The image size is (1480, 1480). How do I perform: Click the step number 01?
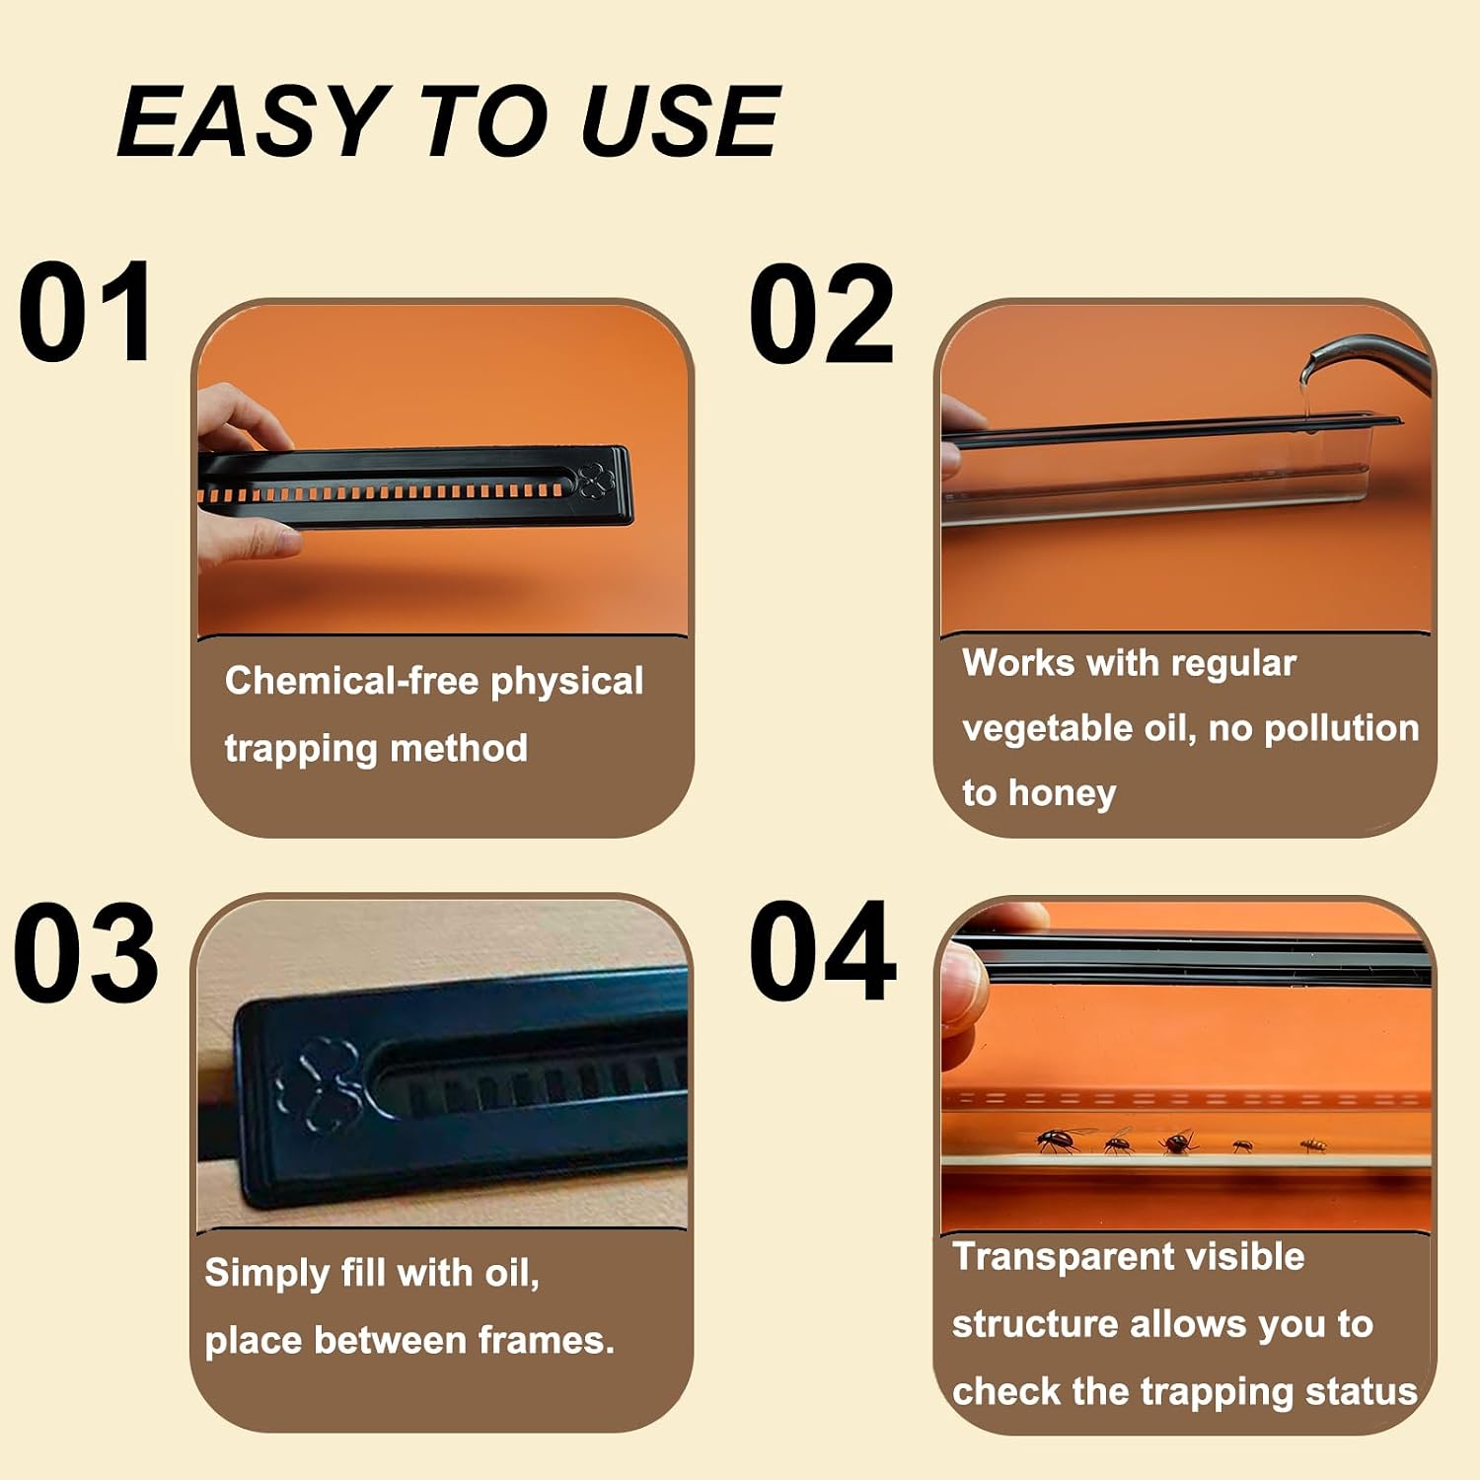point(86,313)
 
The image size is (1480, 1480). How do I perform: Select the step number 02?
point(822,313)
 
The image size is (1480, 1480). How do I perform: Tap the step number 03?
point(86,952)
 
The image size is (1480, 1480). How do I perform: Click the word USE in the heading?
point(680,120)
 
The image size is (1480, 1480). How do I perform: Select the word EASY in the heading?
point(251,120)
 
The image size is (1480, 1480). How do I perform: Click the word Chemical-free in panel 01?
point(352,680)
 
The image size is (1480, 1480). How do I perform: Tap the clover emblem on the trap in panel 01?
point(596,481)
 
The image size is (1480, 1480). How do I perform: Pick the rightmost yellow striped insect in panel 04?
point(1313,1145)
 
